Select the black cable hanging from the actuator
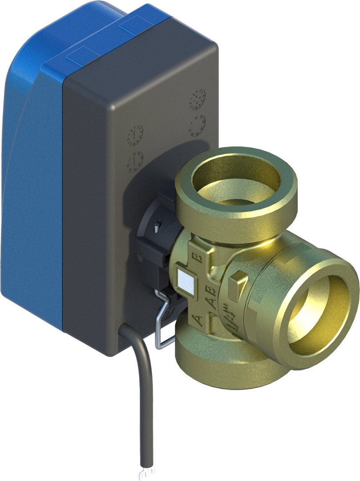pyautogui.click(x=145, y=392)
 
